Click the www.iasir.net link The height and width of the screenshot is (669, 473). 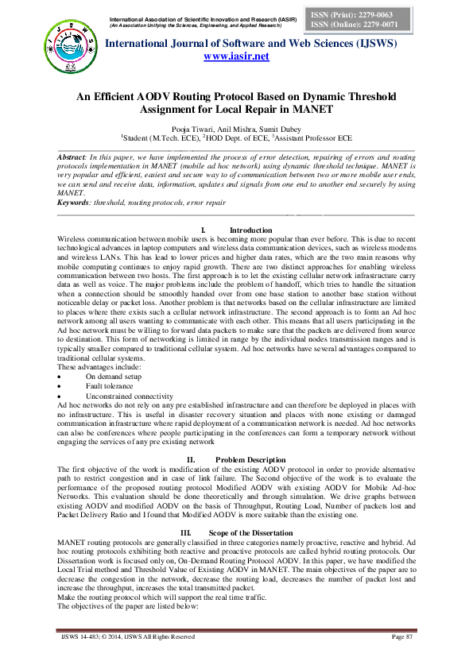(x=236, y=56)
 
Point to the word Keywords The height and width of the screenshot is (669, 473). (x=75, y=203)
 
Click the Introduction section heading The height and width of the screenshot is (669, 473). (x=250, y=230)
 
